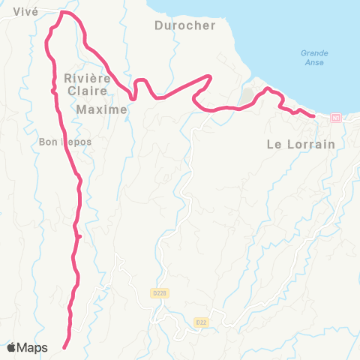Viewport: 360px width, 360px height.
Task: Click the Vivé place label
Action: (x=25, y=11)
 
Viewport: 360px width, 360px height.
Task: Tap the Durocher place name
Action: (x=184, y=25)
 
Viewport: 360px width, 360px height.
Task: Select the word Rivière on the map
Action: (x=88, y=78)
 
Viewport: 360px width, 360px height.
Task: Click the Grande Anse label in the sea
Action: (x=314, y=58)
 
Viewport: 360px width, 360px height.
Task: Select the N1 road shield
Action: (x=334, y=118)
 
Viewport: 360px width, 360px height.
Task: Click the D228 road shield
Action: (x=157, y=293)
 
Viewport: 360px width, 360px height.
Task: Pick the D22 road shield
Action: (x=200, y=322)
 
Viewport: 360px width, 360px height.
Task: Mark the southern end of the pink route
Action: (x=64, y=347)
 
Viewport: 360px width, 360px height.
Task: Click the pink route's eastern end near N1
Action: (x=313, y=115)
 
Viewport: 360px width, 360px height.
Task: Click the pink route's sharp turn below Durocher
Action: (x=211, y=76)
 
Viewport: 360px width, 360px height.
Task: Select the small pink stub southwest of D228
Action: (x=79, y=237)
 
